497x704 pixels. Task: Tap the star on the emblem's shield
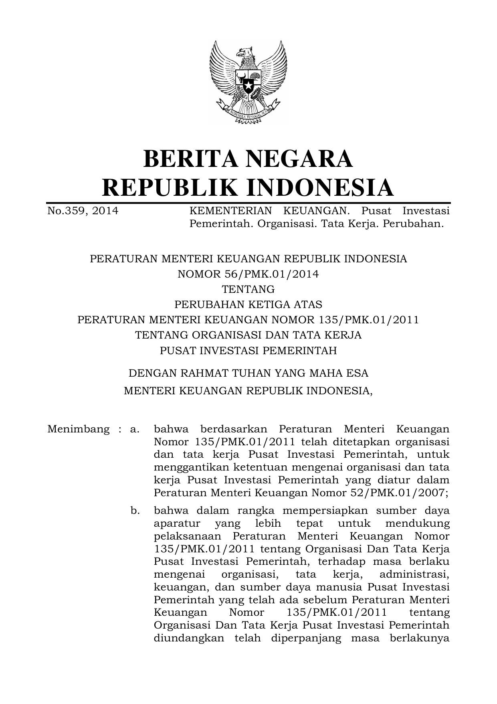point(248,85)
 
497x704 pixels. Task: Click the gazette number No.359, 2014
point(83,211)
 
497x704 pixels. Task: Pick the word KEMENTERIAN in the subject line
point(230,211)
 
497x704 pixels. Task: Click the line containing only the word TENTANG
point(248,289)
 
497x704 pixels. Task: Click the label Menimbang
point(79,429)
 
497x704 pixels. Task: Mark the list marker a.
point(135,429)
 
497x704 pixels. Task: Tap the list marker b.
point(135,511)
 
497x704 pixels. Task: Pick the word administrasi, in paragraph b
point(414,574)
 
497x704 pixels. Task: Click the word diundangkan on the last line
point(189,638)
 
